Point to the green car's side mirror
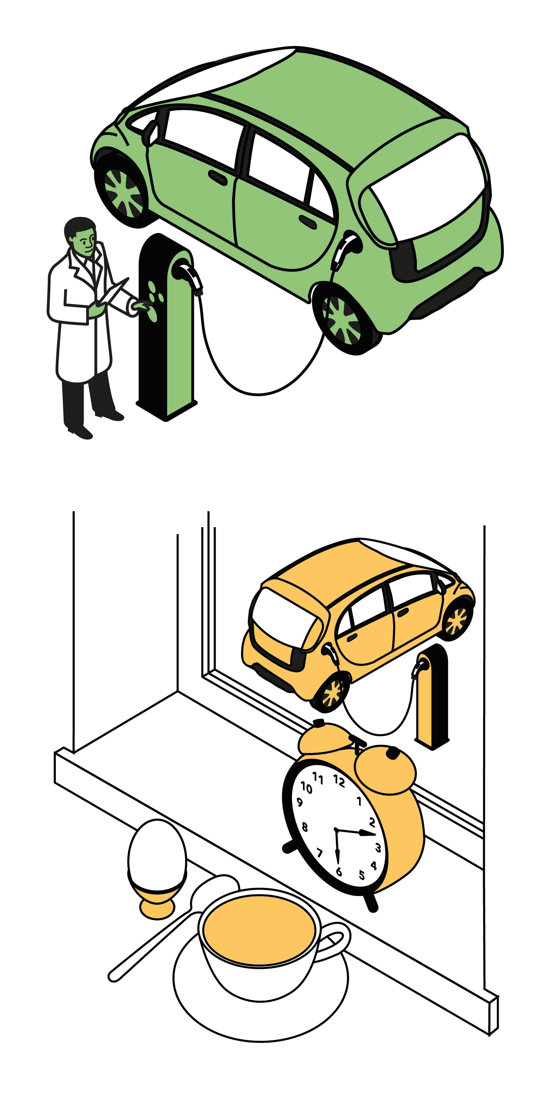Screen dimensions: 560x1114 [151, 132]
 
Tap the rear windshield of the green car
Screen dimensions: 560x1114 [428, 189]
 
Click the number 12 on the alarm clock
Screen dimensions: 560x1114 [339, 781]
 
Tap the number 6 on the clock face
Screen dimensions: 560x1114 [339, 871]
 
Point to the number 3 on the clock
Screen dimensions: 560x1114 [377, 847]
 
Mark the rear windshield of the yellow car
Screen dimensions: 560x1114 [285, 616]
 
